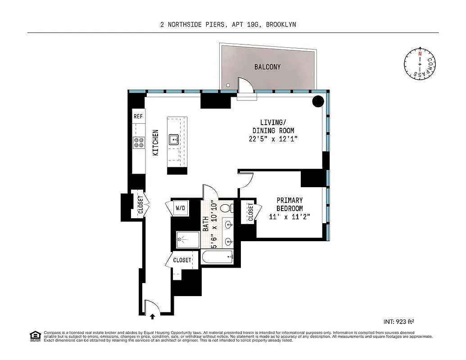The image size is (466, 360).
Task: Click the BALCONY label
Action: (x=267, y=67)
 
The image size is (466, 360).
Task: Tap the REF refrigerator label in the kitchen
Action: (x=138, y=116)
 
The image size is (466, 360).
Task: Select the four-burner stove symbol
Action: (x=139, y=143)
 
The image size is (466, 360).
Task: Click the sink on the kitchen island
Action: (x=174, y=140)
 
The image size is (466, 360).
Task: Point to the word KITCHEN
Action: (x=156, y=143)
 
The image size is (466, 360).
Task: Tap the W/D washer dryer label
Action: (x=181, y=208)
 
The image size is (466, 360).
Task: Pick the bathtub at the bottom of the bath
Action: (x=218, y=258)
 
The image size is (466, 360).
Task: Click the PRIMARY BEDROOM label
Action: (x=290, y=204)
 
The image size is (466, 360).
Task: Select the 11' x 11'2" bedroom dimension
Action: (x=290, y=217)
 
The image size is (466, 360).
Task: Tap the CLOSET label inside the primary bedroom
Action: (x=250, y=212)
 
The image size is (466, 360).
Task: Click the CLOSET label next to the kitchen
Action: (x=140, y=205)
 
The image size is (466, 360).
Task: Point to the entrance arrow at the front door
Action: (x=152, y=317)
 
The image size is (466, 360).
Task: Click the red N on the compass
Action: (x=420, y=54)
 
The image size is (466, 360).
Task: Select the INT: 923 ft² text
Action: (x=398, y=321)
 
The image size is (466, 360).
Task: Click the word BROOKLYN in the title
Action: (x=281, y=25)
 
